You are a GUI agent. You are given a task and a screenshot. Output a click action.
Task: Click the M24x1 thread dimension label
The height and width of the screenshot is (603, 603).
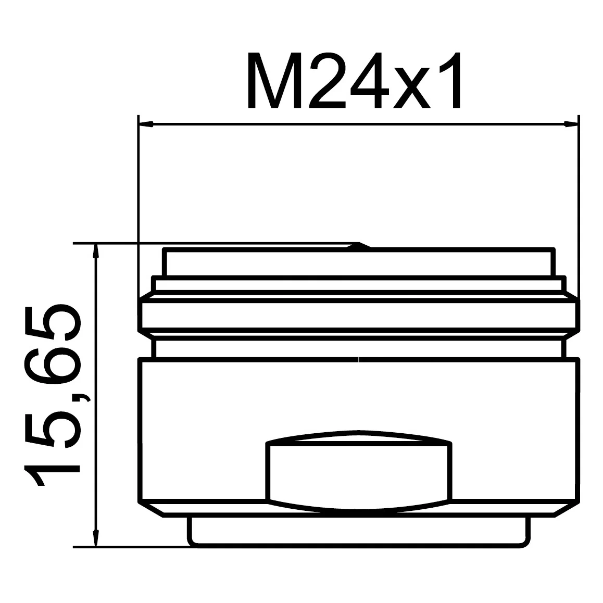tap(354, 80)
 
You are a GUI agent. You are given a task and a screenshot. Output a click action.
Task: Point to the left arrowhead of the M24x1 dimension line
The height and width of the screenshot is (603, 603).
tap(146, 124)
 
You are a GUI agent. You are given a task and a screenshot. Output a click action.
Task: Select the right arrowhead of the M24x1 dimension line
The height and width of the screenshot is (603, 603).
tap(571, 124)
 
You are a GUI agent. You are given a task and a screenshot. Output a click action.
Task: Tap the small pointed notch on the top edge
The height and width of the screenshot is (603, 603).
tap(358, 245)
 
